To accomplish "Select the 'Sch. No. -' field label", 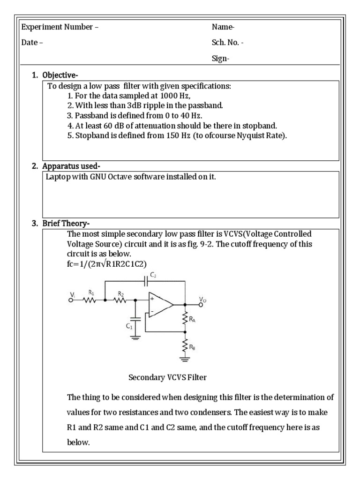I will tap(227, 43).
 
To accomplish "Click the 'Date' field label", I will tap(31, 43).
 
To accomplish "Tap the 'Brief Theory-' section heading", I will tap(66, 224).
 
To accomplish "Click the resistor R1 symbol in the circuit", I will tap(90, 300).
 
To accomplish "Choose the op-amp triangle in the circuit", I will tap(159, 305).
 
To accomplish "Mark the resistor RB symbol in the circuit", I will tap(187, 348).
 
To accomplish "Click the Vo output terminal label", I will tap(202, 299).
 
